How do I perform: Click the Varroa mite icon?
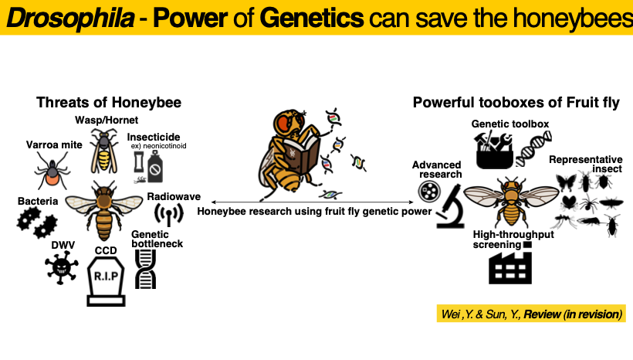[x=52, y=172]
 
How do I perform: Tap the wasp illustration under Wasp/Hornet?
[x=103, y=151]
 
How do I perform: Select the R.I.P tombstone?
[x=106, y=281]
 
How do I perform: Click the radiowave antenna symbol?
[x=169, y=213]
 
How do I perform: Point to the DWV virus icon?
[x=61, y=267]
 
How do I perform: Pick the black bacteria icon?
[x=37, y=222]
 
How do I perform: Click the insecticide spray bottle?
[x=155, y=166]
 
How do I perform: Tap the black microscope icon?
[x=451, y=206]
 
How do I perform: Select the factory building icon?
[x=509, y=268]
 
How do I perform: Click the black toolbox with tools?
[x=495, y=150]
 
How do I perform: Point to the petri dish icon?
[x=428, y=191]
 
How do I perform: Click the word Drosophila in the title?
[x=70, y=18]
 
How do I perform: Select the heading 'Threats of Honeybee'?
[x=109, y=102]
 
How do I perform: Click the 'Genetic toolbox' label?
[x=509, y=124]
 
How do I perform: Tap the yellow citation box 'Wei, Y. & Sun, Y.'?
[x=531, y=314]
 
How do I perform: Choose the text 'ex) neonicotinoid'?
[x=159, y=146]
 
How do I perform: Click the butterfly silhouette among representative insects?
[x=566, y=182]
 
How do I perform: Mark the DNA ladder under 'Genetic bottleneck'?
[x=145, y=269]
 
